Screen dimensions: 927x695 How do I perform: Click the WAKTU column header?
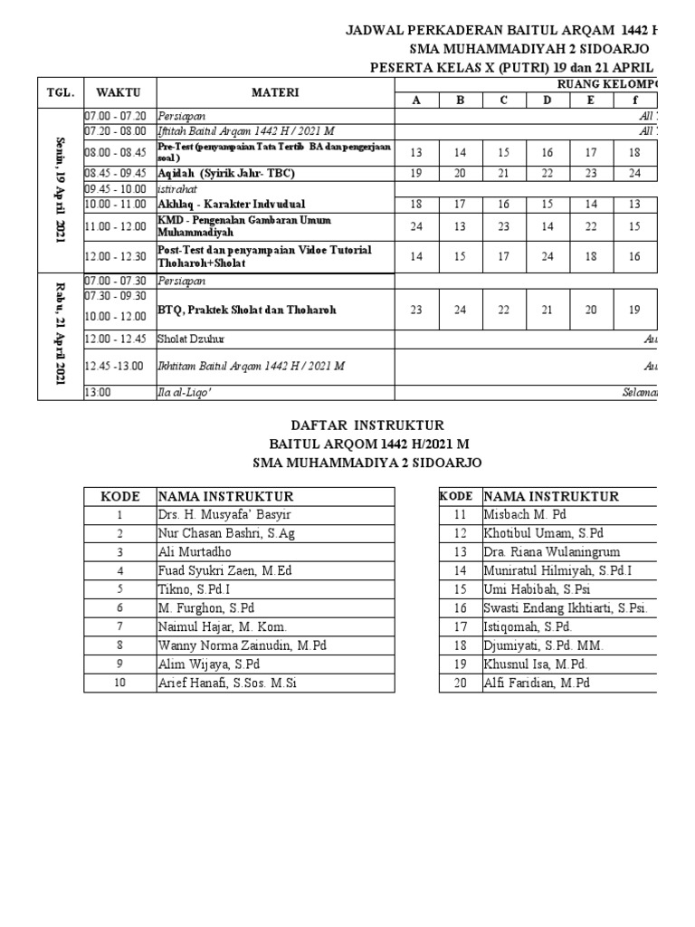(x=119, y=92)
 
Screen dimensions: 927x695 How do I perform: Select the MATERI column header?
(x=275, y=92)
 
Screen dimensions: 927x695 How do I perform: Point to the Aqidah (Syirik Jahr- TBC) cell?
(x=226, y=173)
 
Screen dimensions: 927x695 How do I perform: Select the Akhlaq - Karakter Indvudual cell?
(x=231, y=204)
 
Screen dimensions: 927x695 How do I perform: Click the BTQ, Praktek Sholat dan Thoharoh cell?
(x=246, y=310)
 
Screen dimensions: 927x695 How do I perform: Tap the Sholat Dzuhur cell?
(x=193, y=339)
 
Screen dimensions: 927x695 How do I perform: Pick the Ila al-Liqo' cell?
(x=182, y=392)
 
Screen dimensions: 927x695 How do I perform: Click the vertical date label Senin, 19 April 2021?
(x=60, y=190)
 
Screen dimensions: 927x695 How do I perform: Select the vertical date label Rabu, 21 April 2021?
(x=60, y=336)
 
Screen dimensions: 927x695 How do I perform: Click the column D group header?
(x=547, y=100)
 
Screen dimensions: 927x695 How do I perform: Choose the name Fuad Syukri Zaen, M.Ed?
(x=224, y=570)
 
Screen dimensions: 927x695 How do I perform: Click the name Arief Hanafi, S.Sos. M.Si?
(x=226, y=683)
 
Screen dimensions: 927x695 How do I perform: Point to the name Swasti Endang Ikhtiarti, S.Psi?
(x=566, y=608)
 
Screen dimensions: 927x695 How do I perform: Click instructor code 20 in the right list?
(x=460, y=683)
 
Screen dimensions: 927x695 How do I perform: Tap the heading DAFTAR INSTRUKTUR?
(x=367, y=425)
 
